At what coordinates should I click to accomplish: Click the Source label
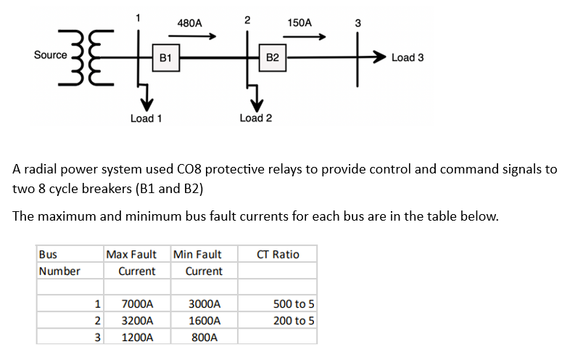click(50, 55)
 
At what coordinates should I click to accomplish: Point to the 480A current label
click(189, 22)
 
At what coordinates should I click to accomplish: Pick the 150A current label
click(299, 22)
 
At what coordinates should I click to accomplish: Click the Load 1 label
click(146, 118)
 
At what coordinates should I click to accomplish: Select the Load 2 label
click(255, 118)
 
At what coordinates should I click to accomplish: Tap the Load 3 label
click(408, 57)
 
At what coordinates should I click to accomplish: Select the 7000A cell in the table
click(136, 304)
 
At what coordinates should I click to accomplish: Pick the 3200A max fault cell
click(136, 320)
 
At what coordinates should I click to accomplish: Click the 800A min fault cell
click(204, 337)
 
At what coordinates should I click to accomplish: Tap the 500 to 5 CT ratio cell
click(294, 304)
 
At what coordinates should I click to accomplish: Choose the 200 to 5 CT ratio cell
click(294, 320)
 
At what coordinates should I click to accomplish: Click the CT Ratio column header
click(278, 254)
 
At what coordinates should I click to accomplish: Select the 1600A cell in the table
click(204, 320)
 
